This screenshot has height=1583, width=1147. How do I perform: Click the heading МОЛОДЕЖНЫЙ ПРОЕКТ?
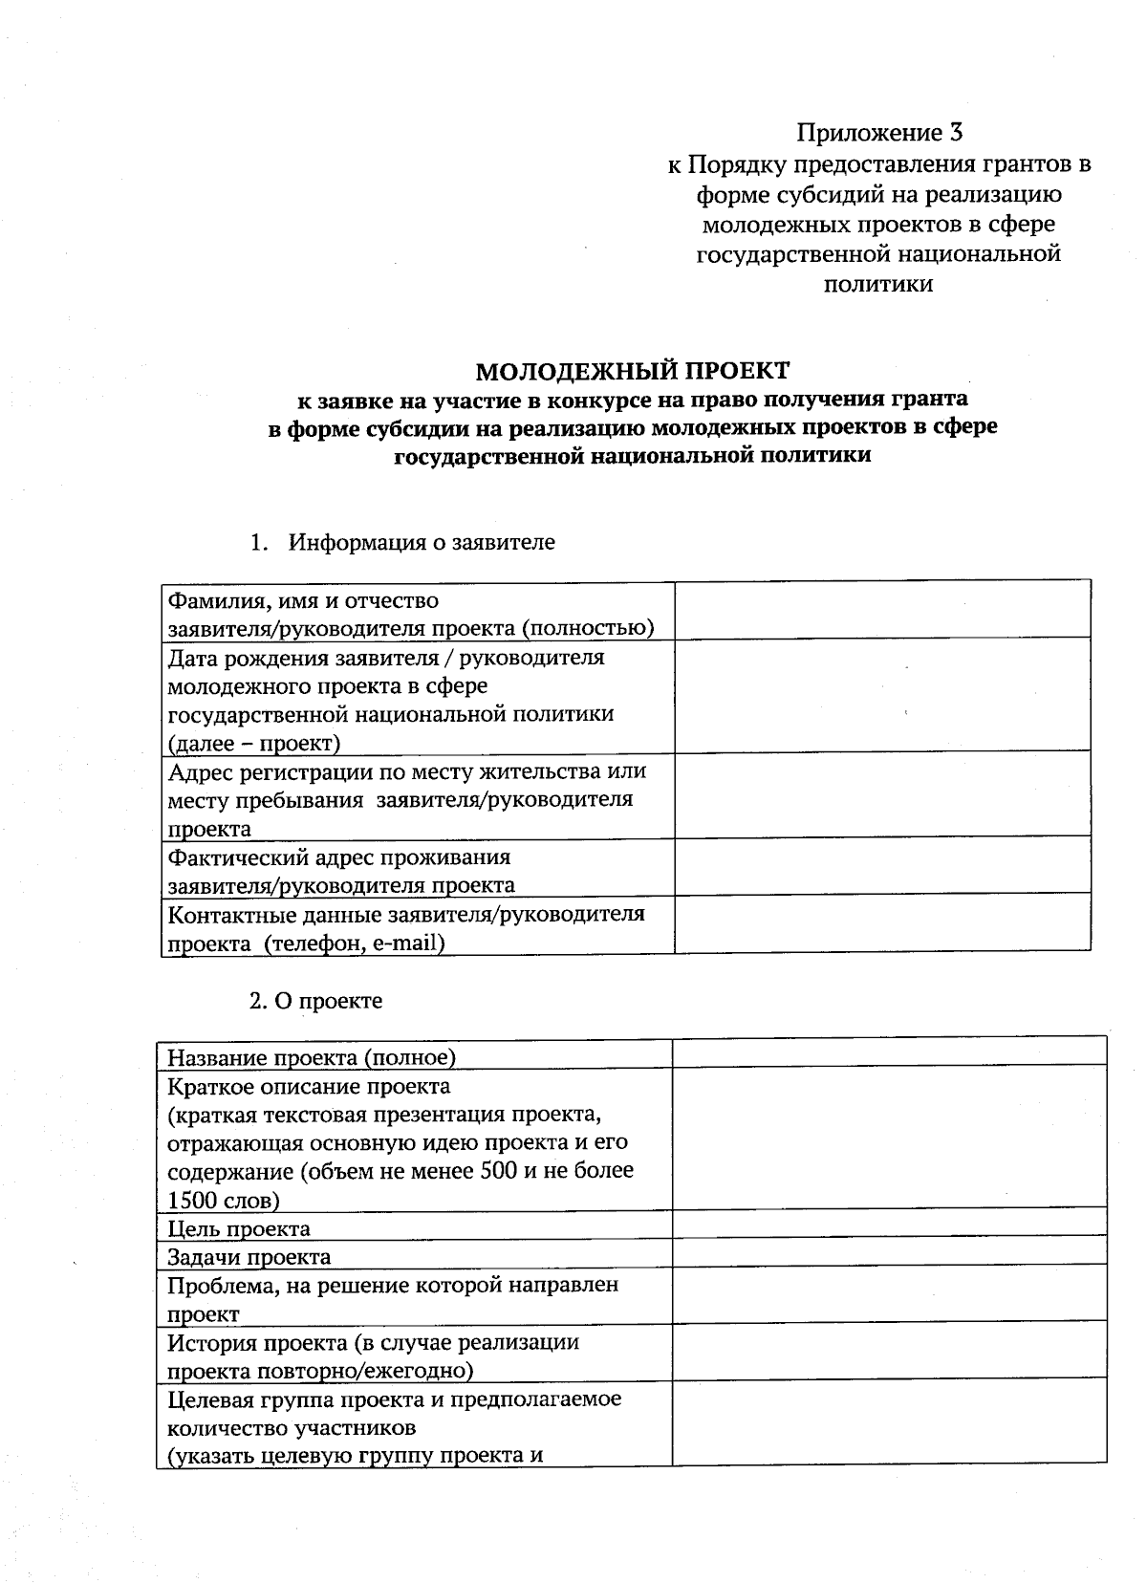click(633, 370)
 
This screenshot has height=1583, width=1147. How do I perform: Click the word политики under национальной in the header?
click(878, 284)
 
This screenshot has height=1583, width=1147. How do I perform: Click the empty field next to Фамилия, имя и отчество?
click(881, 609)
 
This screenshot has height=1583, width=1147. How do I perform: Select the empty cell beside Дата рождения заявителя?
click(881, 695)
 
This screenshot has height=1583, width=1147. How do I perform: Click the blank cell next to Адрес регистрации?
click(881, 794)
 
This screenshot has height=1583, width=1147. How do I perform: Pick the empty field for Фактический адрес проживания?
click(881, 866)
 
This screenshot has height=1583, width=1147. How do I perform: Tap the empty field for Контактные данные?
click(881, 922)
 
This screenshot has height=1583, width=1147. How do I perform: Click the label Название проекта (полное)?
click(312, 1057)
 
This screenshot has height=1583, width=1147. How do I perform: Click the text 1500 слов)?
click(224, 1200)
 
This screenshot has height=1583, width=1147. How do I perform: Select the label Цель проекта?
click(239, 1228)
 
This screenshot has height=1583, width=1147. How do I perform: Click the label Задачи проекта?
click(249, 1257)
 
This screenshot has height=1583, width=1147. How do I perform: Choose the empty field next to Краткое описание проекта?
click(889, 1138)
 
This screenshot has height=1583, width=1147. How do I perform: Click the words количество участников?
click(292, 1428)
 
